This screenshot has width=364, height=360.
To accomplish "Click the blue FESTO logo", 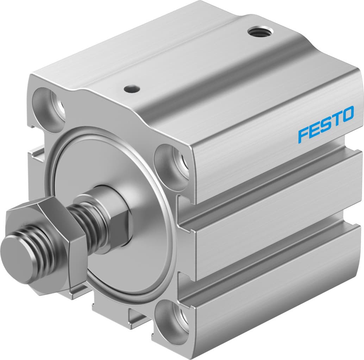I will pyautogui.click(x=325, y=124).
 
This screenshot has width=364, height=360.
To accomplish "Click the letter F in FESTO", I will pyautogui.click(x=302, y=135).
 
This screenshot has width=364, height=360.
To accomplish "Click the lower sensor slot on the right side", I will pyautogui.click(x=275, y=260).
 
